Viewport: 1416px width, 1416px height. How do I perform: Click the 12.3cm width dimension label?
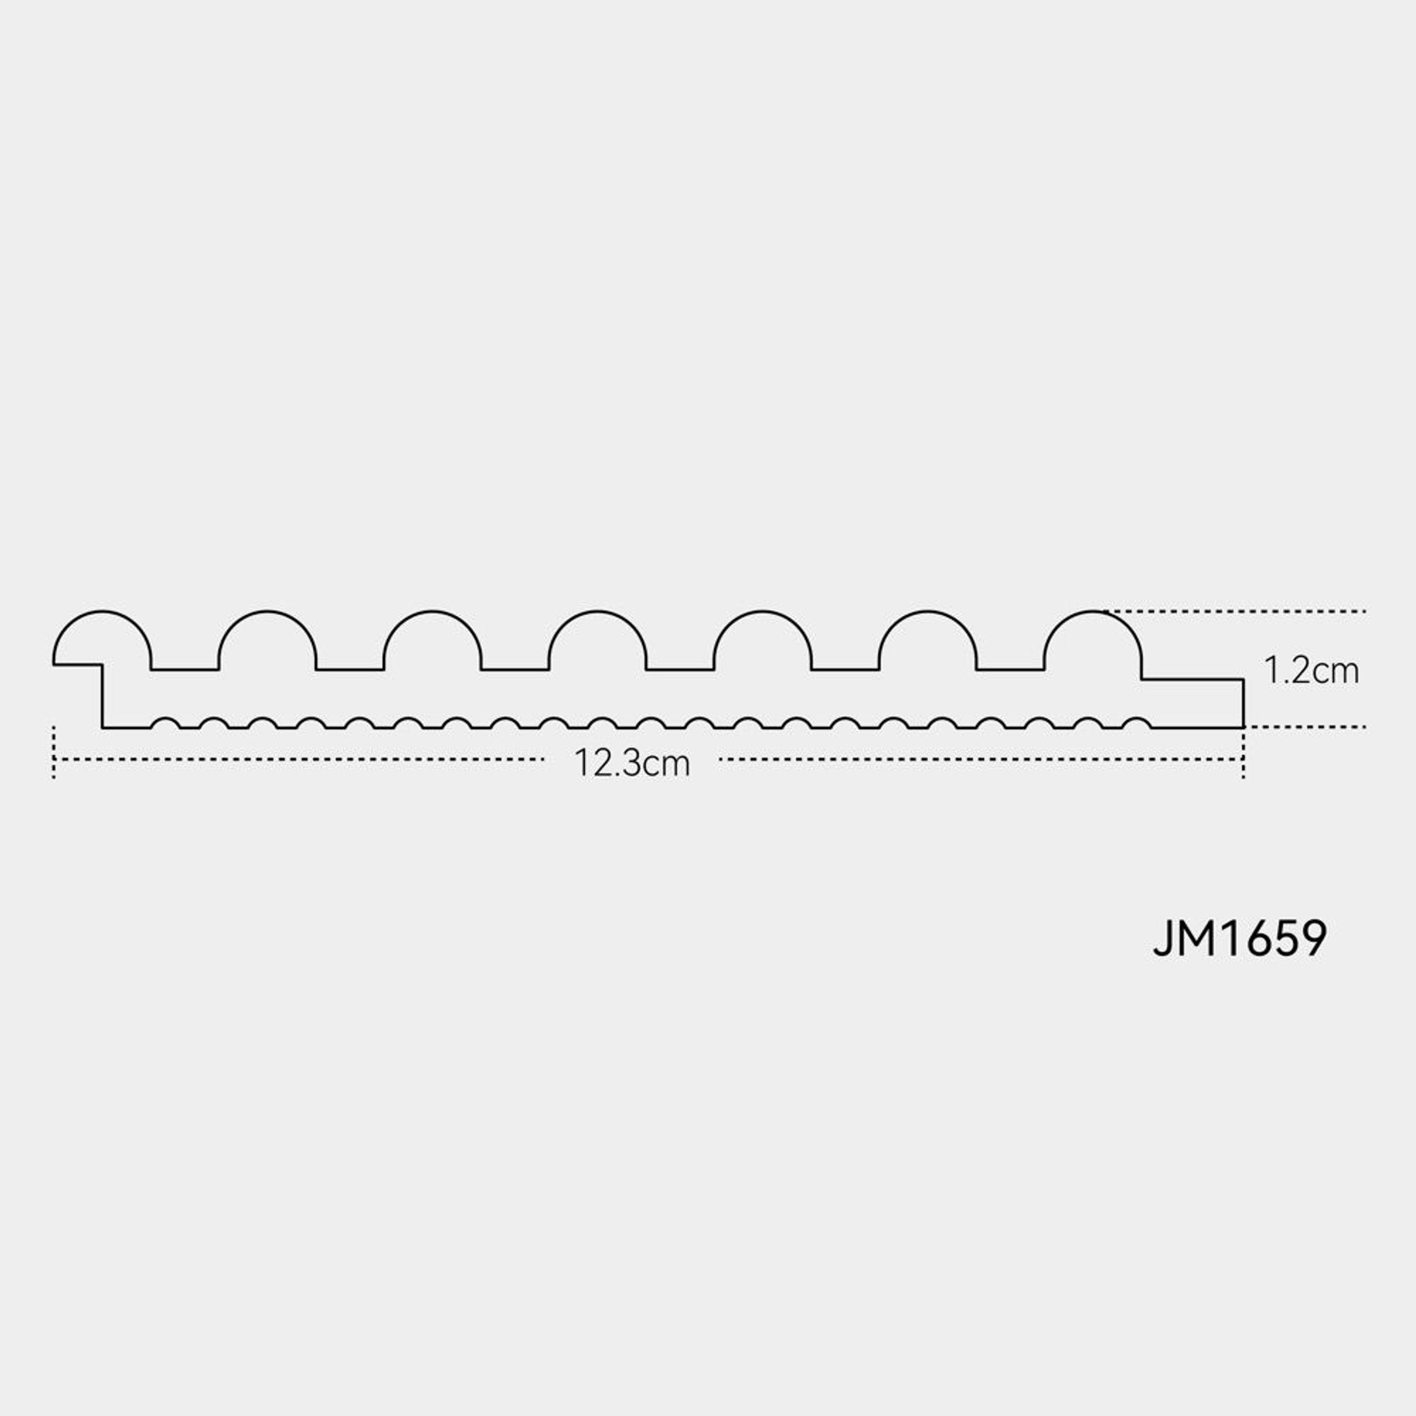pos(632,763)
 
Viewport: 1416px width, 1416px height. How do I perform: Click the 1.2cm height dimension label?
pos(1311,671)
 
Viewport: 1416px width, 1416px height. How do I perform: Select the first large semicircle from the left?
pos(102,611)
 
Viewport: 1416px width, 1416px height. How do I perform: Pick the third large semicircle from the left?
pos(433,611)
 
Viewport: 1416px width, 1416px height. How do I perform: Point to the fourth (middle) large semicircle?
pos(597,611)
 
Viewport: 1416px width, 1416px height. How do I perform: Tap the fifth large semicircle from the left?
pos(763,611)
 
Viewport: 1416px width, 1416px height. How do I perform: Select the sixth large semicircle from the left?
pos(928,611)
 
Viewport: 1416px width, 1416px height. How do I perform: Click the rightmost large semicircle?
pos(1093,611)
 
